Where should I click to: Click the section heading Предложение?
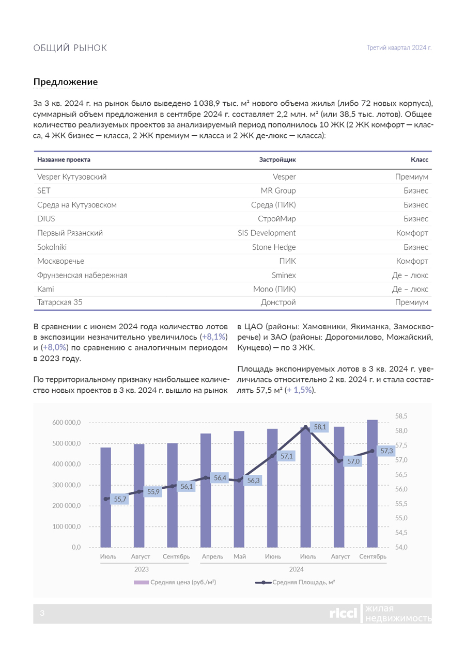[x=66, y=82]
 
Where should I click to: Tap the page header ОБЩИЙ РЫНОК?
[x=70, y=48]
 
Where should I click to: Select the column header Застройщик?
[x=277, y=160]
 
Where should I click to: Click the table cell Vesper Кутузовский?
[x=72, y=177]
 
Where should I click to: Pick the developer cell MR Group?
[x=278, y=191]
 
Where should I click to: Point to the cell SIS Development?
[x=267, y=233]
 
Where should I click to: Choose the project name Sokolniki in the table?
[x=52, y=247]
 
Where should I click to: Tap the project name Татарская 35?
[x=60, y=303]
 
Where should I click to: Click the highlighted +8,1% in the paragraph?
[x=214, y=336]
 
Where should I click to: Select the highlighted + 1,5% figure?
[x=300, y=390]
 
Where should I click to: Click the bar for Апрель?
[x=206, y=490]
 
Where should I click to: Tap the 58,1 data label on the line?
[x=320, y=427]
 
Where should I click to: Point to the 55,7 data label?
[x=120, y=499]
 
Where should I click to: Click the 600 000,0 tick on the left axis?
[x=67, y=423]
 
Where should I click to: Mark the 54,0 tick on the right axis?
[x=401, y=547]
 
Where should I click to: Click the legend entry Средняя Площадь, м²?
[x=303, y=583]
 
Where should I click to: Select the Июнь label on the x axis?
[x=273, y=557]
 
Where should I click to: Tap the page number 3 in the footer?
[x=42, y=613]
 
